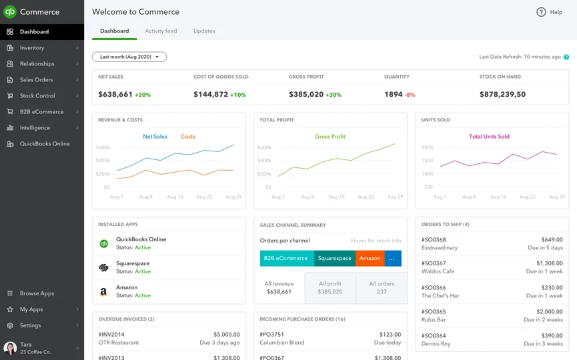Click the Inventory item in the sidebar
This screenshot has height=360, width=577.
[x=32, y=48]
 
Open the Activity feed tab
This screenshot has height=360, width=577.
[x=161, y=31]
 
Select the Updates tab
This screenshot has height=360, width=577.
[x=204, y=31]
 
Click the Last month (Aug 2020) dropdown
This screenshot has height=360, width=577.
[x=129, y=57]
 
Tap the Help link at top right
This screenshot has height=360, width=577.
[x=550, y=12]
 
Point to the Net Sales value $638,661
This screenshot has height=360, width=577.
[x=115, y=95]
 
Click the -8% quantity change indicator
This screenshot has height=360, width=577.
[x=410, y=95]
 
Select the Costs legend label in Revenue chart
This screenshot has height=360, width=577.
[x=188, y=137]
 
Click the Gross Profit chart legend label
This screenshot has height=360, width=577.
[x=330, y=137]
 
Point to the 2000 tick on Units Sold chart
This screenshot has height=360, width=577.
[x=427, y=148]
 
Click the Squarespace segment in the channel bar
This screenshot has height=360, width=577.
[x=335, y=258]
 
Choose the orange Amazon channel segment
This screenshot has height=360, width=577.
[x=370, y=258]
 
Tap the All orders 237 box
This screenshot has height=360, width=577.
[x=382, y=288]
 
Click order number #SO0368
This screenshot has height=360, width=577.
[x=434, y=240]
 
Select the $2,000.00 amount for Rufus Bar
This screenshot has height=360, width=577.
[x=549, y=312]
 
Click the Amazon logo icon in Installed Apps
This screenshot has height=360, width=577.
[x=104, y=291]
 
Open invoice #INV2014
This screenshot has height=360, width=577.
[x=111, y=335]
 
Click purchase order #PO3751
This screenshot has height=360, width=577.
[x=272, y=335]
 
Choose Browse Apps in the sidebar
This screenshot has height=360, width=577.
[x=37, y=293]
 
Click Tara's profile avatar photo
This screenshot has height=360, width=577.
[x=10, y=348]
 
